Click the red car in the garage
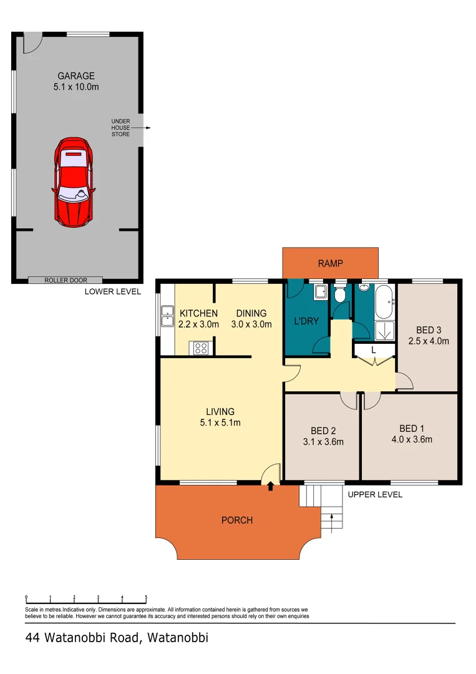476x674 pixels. pos(74,182)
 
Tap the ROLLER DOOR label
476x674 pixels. pos(66,280)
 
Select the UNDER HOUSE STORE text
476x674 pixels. pos(120,128)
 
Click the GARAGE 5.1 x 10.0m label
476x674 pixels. pos(75,82)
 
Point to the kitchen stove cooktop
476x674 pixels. pos(201,348)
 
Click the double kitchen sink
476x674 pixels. pos(167,316)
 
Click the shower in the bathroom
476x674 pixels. pos(384,330)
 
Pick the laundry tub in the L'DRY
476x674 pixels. pos(321,292)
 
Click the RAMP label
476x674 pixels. pos(331,263)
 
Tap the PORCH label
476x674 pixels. pos(237,520)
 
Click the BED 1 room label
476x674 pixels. pos(412,429)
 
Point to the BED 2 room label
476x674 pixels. pos(323,431)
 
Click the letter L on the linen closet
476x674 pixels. pos(373,350)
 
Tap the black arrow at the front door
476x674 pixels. pos(270,487)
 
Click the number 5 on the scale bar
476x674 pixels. pos(146,597)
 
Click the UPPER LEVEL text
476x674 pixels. pos(375,494)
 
